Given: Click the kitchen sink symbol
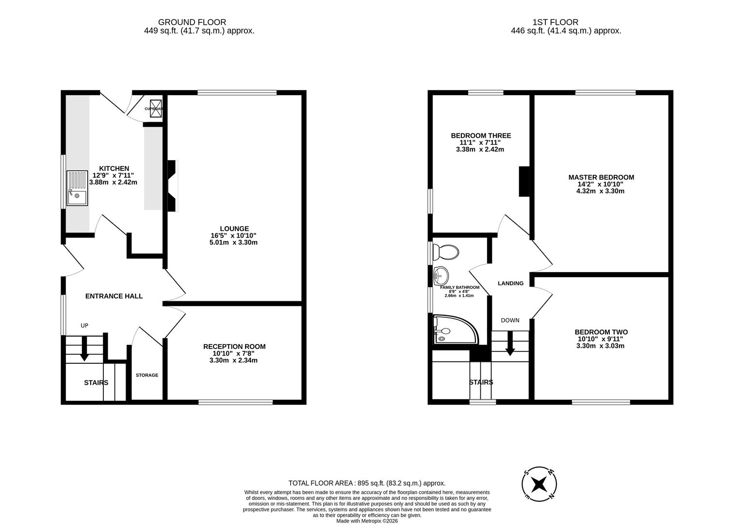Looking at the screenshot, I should point(78,188).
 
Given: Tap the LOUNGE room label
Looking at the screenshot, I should point(234,229).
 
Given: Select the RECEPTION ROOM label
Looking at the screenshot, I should point(234,346).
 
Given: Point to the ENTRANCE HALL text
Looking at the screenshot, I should point(114,296).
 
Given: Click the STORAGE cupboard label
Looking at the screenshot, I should point(147,375).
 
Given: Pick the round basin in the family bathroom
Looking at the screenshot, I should point(441,276).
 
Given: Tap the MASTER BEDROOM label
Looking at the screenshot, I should point(601,178).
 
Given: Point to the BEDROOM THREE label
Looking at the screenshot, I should point(481,136).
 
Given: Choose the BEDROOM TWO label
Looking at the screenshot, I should point(601,332).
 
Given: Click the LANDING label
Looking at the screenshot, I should point(510,283).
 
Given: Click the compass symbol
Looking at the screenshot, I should point(538,484).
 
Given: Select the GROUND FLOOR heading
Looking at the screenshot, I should point(192,22).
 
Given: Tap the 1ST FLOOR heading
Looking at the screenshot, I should point(555,22).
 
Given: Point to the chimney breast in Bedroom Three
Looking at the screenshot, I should point(524,181).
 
